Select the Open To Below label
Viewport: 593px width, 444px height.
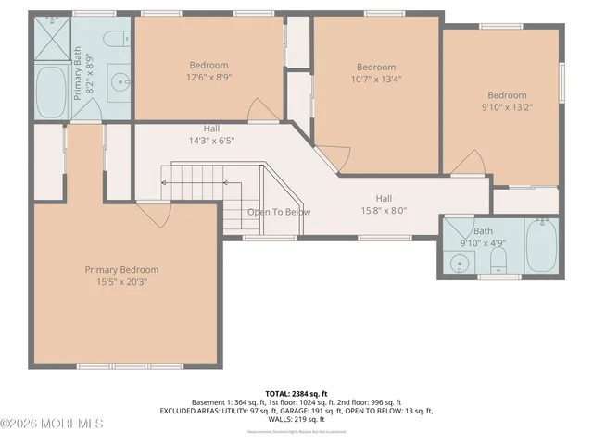[279, 212]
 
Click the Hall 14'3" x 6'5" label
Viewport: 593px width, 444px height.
[212, 135]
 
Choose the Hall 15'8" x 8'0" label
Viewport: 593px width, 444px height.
[384, 204]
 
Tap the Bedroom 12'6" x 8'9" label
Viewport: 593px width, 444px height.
[208, 71]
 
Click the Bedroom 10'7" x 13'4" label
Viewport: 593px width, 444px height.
[376, 73]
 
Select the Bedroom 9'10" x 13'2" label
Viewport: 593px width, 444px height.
[507, 101]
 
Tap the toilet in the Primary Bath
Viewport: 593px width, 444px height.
[117, 39]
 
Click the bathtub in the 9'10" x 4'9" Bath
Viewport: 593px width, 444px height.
[541, 247]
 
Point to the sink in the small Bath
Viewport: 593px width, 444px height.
[458, 263]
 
